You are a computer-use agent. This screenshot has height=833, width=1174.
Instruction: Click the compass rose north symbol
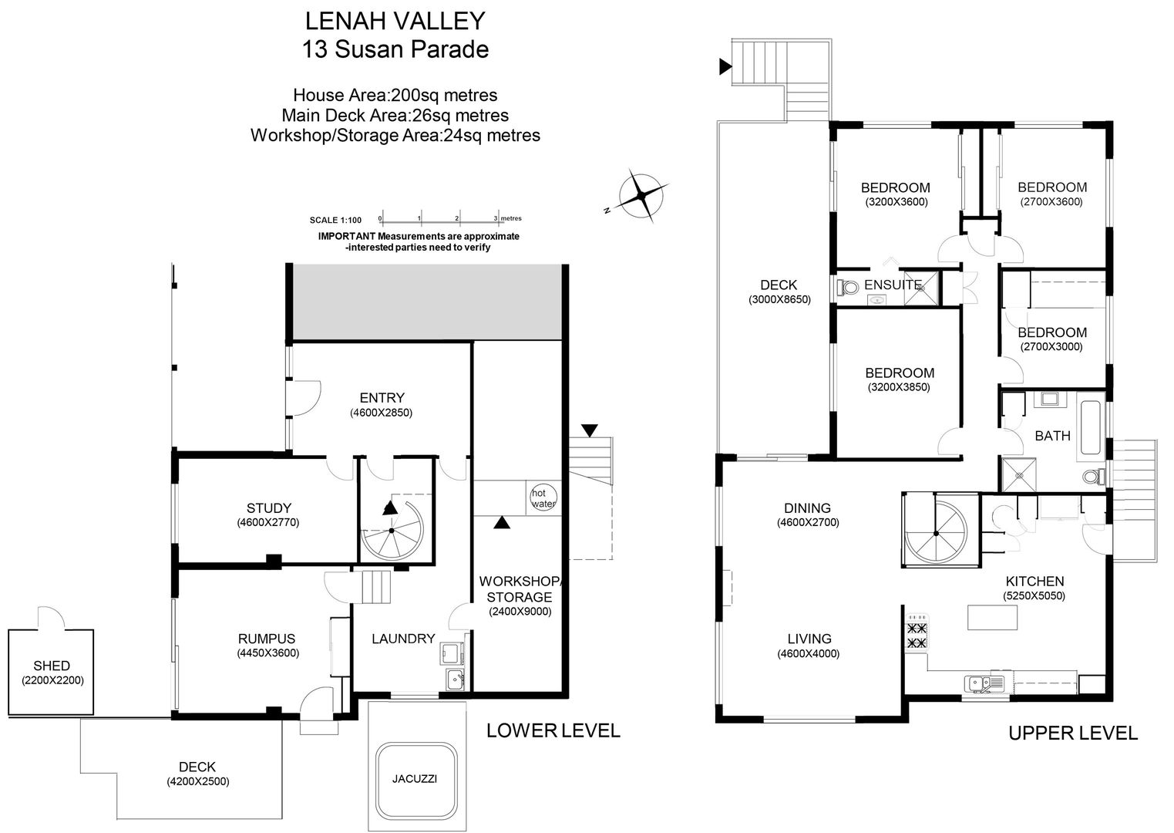641,196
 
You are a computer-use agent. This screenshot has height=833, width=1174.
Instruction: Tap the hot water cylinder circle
543,497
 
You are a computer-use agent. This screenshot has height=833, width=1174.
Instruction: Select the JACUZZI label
414,779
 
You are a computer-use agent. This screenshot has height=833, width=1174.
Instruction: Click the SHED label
52,666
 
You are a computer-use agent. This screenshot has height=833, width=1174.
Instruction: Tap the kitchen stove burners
916,635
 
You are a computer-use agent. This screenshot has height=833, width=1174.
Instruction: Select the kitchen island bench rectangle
992,617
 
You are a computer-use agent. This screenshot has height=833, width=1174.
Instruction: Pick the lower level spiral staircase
392,531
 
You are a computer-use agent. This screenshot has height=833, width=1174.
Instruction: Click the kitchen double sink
984,683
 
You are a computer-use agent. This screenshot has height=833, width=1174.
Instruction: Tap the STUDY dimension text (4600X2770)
267,522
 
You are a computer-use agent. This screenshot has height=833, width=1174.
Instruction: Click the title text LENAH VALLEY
395,22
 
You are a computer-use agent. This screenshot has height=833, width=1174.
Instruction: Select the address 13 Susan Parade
395,50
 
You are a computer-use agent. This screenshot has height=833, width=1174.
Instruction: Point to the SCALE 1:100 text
335,221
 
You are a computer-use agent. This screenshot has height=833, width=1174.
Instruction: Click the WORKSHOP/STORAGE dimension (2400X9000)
520,611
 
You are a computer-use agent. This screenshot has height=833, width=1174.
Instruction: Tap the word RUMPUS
266,639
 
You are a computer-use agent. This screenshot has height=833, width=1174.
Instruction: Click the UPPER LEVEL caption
1073,733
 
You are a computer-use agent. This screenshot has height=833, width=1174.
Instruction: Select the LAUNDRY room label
403,639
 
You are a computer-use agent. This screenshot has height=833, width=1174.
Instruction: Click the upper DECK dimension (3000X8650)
779,299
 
